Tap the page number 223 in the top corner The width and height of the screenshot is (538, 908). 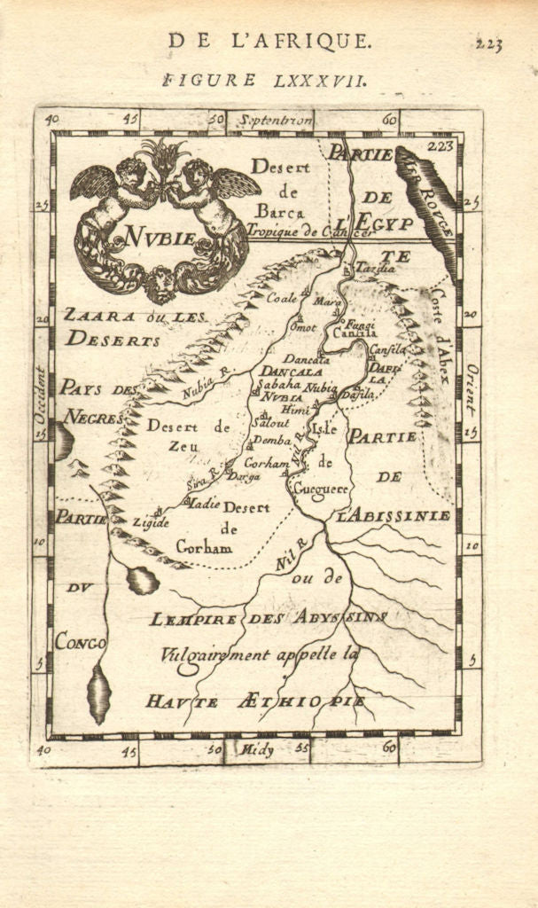point(489,43)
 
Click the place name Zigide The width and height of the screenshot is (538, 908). point(151,522)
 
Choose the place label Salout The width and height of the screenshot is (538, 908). point(270,423)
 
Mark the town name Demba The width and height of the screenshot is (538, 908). point(272,441)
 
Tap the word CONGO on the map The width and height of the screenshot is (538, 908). point(80,641)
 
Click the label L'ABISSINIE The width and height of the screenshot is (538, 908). point(394,515)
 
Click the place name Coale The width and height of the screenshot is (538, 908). point(282,299)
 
